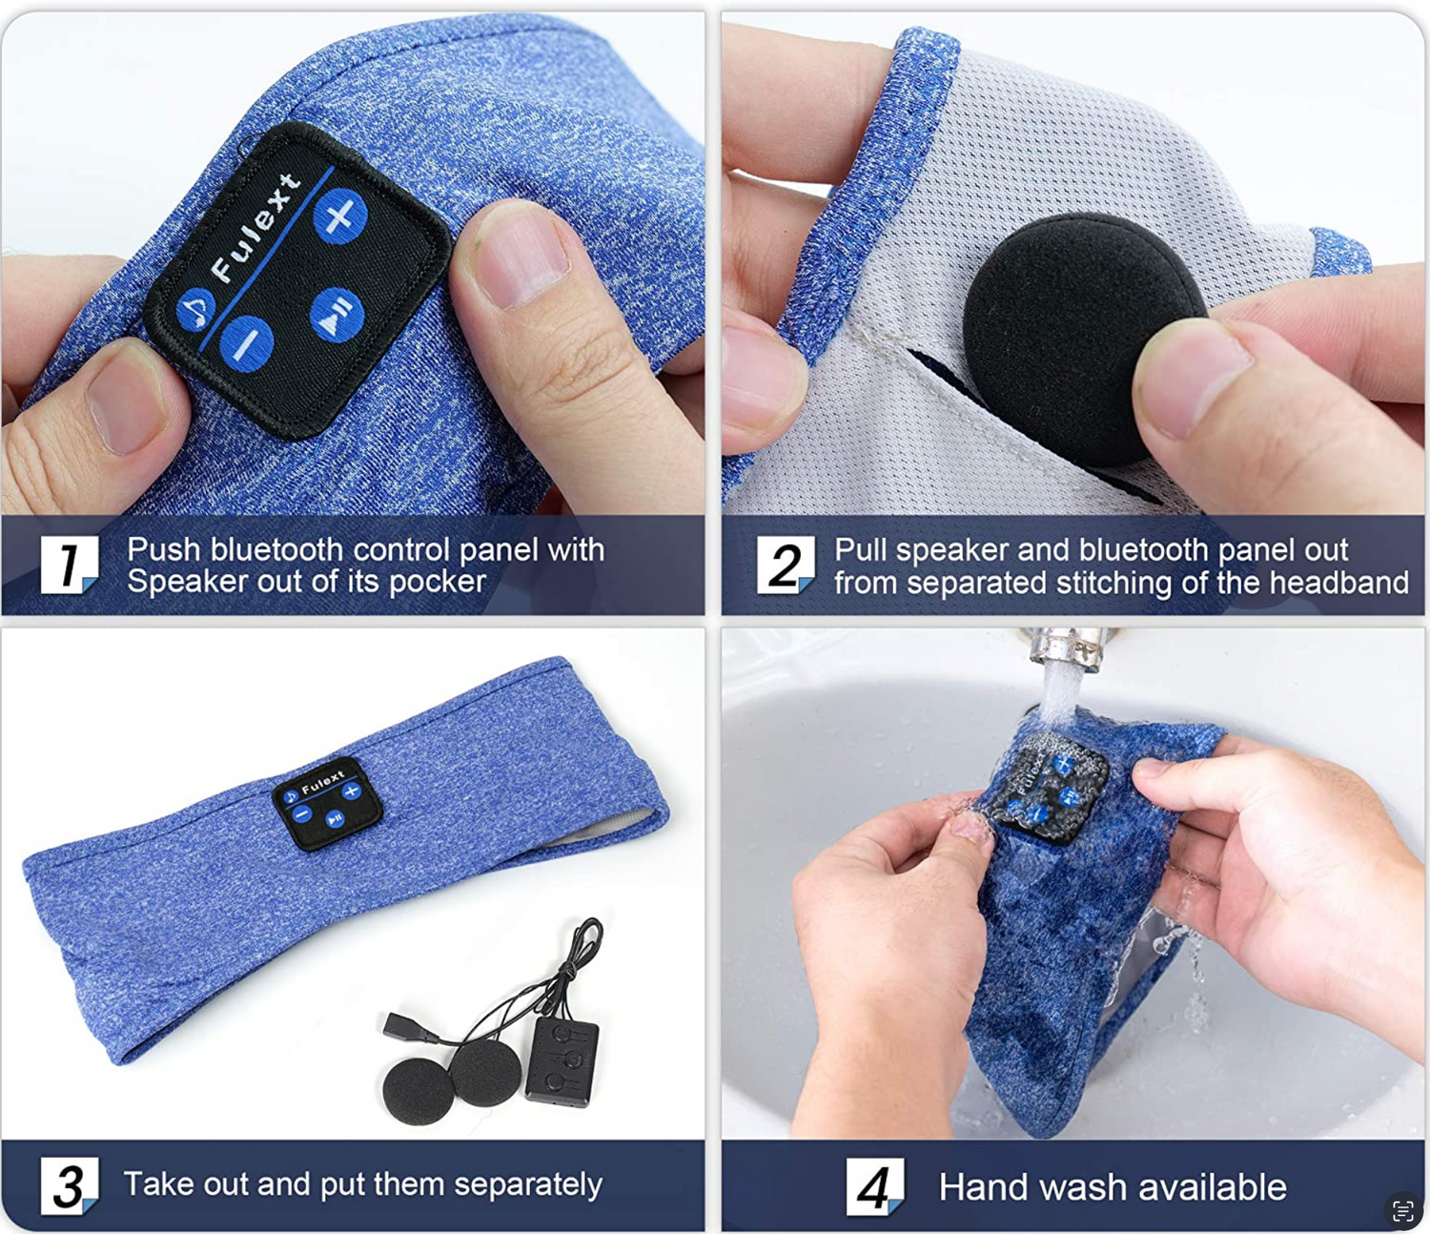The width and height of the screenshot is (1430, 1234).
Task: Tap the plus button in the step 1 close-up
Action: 339,216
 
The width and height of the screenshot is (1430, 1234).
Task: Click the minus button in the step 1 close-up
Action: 246,343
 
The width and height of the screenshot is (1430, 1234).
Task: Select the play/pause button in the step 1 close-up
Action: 337,315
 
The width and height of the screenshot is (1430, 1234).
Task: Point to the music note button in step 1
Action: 195,309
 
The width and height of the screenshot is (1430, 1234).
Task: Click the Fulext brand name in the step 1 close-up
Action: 255,228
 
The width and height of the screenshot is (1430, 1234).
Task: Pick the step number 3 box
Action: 70,1185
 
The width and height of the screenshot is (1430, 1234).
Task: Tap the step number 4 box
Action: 875,1186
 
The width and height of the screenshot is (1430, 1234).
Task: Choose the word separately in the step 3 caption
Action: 528,1184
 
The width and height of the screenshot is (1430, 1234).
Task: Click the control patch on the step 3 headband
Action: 328,804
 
